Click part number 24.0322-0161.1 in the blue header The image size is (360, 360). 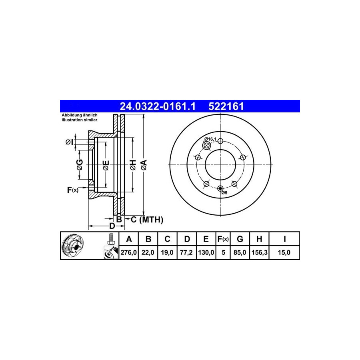pyautogui.click(x=158, y=106)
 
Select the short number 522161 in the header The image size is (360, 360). pyautogui.click(x=226, y=106)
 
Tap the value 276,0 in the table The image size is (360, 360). pyautogui.click(x=128, y=252)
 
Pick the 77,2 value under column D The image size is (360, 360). pyautogui.click(x=186, y=252)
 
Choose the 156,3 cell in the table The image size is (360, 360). pyautogui.click(x=260, y=252)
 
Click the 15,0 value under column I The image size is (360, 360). pyautogui.click(x=284, y=252)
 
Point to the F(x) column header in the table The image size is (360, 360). pyautogui.click(x=223, y=239)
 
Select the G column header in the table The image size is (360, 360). pyautogui.click(x=240, y=239)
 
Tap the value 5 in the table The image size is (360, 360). pyautogui.click(x=223, y=252)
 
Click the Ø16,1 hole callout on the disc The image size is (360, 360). pyautogui.click(x=210, y=139)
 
